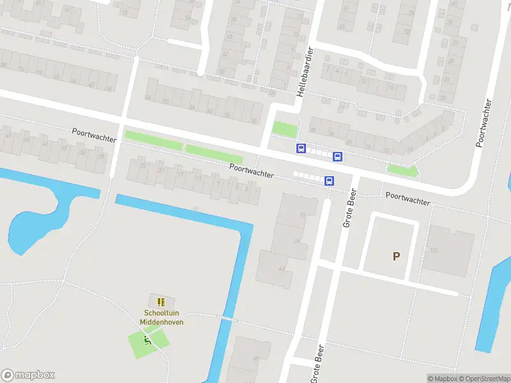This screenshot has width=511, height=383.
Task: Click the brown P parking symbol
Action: click(396, 257)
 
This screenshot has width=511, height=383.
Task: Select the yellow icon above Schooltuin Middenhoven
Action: click(161, 301)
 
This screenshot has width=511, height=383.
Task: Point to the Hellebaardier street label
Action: click(304, 71)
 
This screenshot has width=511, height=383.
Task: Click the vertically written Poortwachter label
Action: click(484, 123)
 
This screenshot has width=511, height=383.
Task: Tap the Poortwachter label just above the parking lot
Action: click(408, 198)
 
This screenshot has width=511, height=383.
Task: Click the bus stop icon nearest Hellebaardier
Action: click(300, 149)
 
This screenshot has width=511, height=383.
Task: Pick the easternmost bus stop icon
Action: click(337, 156)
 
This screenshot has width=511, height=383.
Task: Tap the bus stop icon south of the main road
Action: click(329, 181)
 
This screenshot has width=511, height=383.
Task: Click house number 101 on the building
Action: click(434, 250)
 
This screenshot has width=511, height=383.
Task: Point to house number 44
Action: click(282, 269)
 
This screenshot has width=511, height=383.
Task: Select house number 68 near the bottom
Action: click(256, 359)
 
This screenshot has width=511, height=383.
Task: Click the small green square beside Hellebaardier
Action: click(285, 129)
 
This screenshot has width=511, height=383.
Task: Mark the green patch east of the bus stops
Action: click(402, 170)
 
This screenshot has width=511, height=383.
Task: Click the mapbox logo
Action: click(28, 375)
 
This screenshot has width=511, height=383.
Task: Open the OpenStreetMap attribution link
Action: click(482, 379)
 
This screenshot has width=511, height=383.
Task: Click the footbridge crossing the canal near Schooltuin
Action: click(228, 317)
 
